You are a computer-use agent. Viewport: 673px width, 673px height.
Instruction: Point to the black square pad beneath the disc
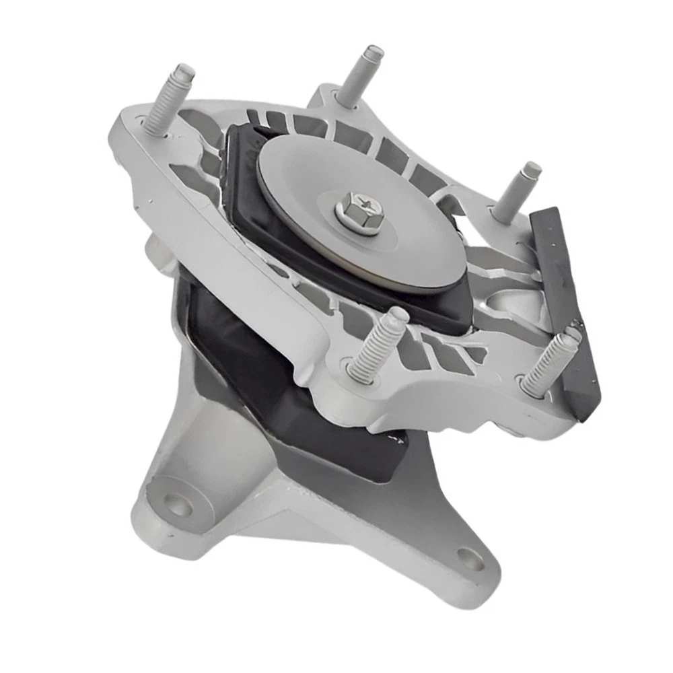click(x=269, y=222)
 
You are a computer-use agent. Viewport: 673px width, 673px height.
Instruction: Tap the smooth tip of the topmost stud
click(x=372, y=52)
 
